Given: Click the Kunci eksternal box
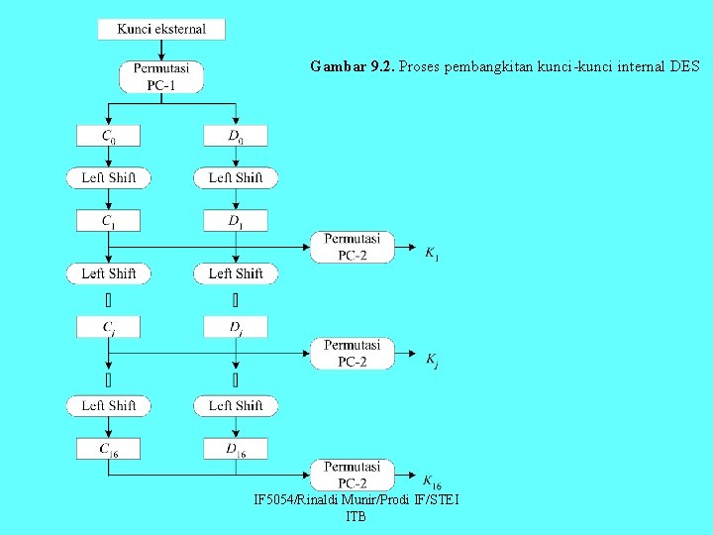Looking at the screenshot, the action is point(161,29).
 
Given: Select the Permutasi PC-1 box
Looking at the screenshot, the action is point(161,76).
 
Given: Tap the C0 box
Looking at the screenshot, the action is point(108,135).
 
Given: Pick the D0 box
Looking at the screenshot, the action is point(235,135).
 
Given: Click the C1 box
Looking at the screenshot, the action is point(108,221).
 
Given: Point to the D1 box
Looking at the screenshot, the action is point(235,221).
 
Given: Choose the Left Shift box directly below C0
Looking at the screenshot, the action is point(109,177).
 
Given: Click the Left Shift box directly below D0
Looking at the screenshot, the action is point(236,177).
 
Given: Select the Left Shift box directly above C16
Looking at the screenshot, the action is point(109,405).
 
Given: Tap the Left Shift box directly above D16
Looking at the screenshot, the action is point(236,405).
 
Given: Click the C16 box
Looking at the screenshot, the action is point(108,449).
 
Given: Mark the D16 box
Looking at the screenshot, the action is point(235,449).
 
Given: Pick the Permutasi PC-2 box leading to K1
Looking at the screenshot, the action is point(352,247).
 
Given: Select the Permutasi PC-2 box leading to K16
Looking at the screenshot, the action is point(352,475).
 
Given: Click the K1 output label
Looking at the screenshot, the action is point(432,255).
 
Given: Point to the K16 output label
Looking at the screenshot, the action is point(433,481).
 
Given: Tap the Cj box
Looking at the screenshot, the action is point(108,326).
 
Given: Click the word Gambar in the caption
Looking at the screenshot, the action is point(337,67).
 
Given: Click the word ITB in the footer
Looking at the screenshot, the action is point(356,516).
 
